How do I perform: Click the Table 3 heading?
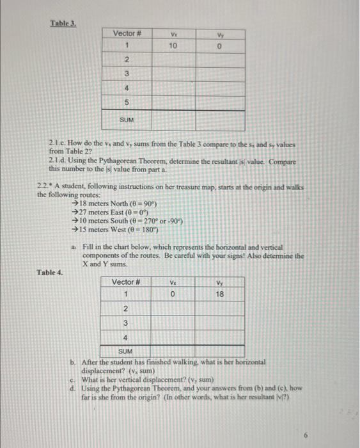click(63, 24)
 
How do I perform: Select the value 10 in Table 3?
click(173, 46)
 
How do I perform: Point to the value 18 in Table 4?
click(220, 294)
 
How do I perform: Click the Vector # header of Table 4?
click(126, 282)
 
